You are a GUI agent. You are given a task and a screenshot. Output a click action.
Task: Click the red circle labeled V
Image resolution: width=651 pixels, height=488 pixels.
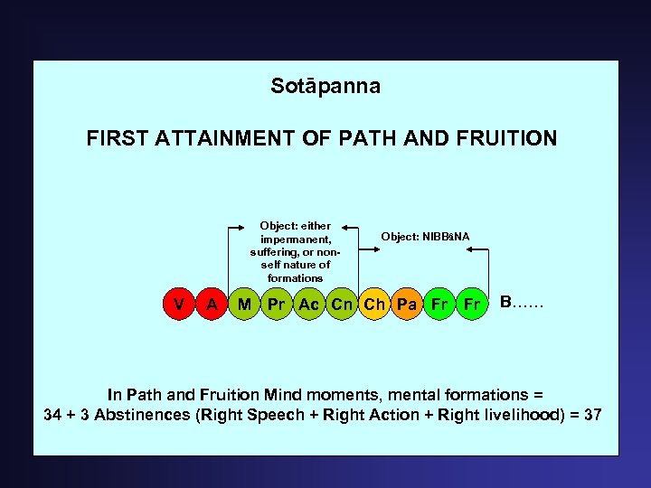pyautogui.click(x=180, y=305)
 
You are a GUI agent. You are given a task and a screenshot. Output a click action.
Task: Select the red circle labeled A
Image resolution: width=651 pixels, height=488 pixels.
pyautogui.click(x=212, y=305)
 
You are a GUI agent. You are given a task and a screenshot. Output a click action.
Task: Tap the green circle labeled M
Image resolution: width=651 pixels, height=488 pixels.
pyautogui.click(x=244, y=305)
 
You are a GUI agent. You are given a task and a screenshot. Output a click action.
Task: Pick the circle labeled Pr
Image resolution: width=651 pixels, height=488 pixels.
pyautogui.click(x=277, y=305)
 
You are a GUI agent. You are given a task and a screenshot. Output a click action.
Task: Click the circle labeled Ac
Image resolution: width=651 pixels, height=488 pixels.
pyautogui.click(x=309, y=305)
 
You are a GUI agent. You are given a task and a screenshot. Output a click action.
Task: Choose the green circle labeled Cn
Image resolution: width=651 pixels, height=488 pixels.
pyautogui.click(x=342, y=305)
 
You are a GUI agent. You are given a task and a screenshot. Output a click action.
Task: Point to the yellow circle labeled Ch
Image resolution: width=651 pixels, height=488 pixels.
pyautogui.click(x=374, y=305)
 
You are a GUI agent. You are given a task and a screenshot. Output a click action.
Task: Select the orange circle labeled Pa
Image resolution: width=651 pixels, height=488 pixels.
pyautogui.click(x=407, y=305)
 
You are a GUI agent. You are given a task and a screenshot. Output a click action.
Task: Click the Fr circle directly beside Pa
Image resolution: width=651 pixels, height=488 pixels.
pyautogui.click(x=439, y=305)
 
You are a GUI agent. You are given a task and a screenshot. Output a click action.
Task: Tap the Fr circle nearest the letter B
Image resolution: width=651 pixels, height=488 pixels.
pyautogui.click(x=471, y=305)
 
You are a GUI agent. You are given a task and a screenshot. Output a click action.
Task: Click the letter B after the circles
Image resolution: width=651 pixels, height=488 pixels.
pyautogui.click(x=506, y=301)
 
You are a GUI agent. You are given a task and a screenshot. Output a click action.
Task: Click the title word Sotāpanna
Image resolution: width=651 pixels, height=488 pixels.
pyautogui.click(x=325, y=87)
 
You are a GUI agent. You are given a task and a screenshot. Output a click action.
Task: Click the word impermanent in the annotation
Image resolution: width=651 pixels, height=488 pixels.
pyautogui.click(x=296, y=239)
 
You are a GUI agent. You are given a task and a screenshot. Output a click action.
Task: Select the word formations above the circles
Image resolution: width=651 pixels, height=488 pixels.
pyautogui.click(x=296, y=277)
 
